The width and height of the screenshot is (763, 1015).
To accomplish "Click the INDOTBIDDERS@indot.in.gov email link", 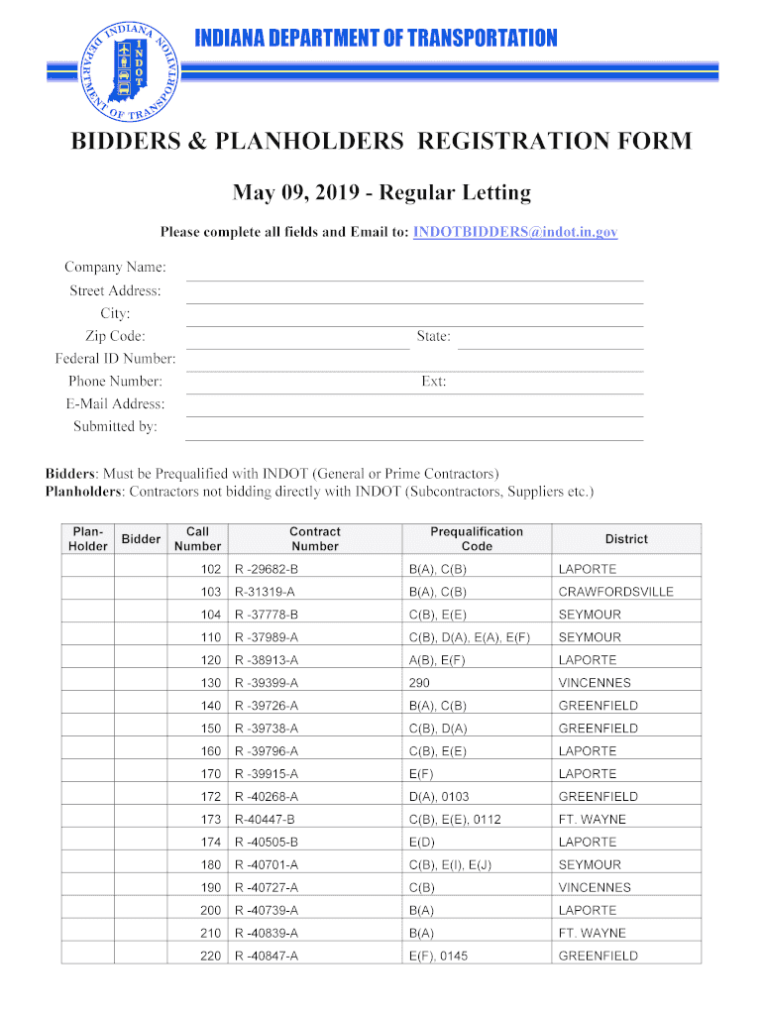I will (x=515, y=231).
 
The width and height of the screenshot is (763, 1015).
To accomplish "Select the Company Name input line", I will (x=415, y=270).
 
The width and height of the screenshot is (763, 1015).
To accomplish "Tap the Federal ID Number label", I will (x=115, y=359).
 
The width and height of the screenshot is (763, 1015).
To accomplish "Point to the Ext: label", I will (x=433, y=382).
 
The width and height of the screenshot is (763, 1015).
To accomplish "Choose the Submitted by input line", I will (x=415, y=429).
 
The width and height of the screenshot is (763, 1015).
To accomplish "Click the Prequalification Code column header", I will (x=477, y=539).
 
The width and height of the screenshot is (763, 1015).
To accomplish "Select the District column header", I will (x=626, y=539).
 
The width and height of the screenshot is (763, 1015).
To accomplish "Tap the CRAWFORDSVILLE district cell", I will (x=615, y=592).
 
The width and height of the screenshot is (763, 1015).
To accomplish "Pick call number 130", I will (x=210, y=683).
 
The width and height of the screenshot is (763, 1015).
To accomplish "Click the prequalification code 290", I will (x=419, y=683).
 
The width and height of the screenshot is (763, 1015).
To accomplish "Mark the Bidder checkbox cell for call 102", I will (x=141, y=569).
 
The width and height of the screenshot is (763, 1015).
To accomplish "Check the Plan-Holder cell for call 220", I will (x=87, y=957).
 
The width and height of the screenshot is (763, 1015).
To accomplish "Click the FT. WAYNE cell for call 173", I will (x=593, y=820).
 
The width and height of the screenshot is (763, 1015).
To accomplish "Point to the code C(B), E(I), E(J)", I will (x=450, y=865).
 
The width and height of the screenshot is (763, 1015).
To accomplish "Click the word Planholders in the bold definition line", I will (x=82, y=492).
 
